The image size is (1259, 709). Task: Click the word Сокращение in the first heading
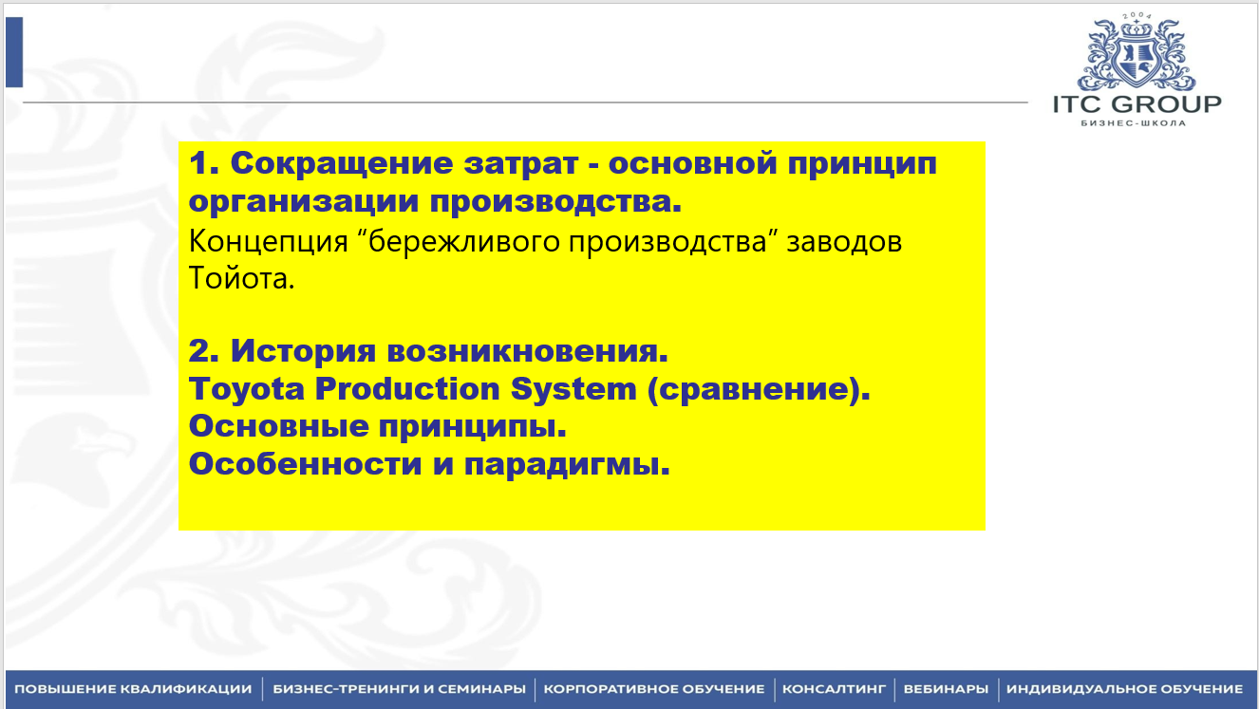(x=342, y=164)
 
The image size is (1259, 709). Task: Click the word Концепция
(x=268, y=243)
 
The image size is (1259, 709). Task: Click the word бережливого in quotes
(x=463, y=243)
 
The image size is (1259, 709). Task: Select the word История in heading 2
(x=303, y=352)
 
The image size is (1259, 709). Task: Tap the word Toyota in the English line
(x=246, y=390)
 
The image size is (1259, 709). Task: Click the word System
(x=573, y=390)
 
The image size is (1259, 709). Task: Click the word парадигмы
(x=567, y=465)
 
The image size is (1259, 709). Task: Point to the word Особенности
(x=305, y=464)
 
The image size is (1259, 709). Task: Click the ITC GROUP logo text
(x=1137, y=104)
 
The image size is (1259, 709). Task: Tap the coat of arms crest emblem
(x=1137, y=54)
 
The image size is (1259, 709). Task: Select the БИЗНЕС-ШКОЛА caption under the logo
(x=1134, y=123)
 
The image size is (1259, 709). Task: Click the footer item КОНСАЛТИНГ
(x=834, y=689)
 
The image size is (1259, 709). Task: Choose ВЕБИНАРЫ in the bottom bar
(x=946, y=689)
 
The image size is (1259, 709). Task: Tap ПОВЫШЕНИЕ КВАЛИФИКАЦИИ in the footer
(x=133, y=689)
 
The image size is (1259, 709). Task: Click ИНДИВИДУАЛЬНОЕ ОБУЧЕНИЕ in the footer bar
(x=1125, y=689)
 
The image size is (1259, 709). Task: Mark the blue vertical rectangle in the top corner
(x=14, y=52)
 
